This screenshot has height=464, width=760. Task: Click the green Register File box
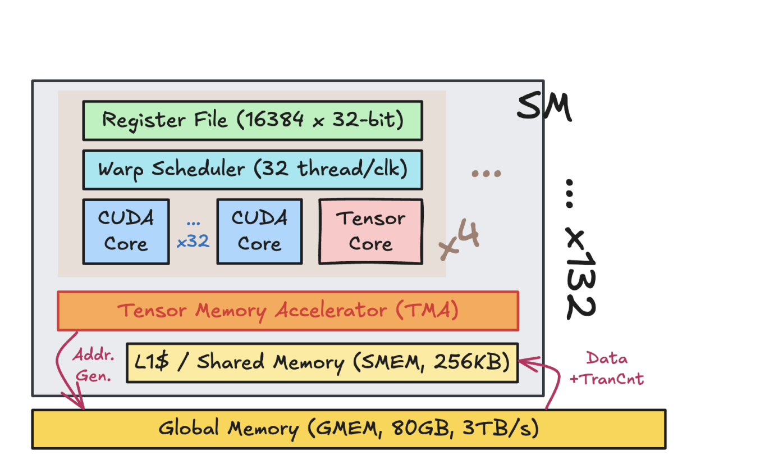click(252, 120)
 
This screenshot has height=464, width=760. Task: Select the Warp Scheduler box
click(252, 169)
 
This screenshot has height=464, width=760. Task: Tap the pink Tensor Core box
click(370, 231)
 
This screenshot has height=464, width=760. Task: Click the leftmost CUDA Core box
click(126, 231)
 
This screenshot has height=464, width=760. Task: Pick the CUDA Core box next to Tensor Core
click(259, 231)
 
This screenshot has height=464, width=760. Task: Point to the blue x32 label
click(193, 242)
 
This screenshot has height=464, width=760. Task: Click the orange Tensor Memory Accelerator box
click(287, 311)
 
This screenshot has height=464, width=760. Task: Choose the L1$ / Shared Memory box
click(322, 363)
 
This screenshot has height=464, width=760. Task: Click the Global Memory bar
click(348, 429)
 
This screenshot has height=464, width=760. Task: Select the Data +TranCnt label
click(606, 369)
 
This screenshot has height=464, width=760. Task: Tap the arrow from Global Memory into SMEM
click(553, 382)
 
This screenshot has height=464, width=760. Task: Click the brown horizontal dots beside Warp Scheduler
click(485, 174)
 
